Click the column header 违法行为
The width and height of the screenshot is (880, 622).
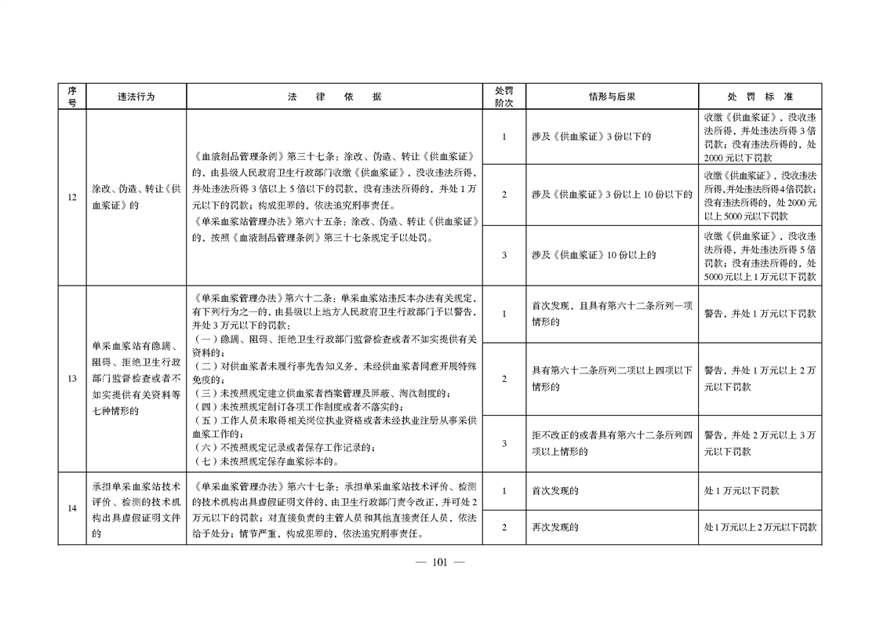coord(136,96)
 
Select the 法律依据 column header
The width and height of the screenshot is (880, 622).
coord(334,96)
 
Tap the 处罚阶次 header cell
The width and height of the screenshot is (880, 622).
coord(504,96)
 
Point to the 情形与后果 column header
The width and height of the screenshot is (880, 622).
coord(612,96)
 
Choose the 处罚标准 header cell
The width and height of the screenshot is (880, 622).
coord(760,96)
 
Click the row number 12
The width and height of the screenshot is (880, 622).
coord(71,198)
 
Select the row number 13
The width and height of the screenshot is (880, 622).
coord(71,379)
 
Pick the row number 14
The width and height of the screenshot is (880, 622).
coord(71,508)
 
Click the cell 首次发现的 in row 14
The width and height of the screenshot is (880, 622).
coord(555,491)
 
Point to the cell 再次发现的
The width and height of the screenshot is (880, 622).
coord(555,527)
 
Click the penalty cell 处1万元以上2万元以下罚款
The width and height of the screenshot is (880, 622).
coord(760,527)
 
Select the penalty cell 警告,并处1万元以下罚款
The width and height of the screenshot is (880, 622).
coord(760,314)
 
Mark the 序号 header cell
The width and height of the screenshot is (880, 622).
coord(71,96)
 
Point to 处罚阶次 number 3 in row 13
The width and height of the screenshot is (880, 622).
coord(504,443)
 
